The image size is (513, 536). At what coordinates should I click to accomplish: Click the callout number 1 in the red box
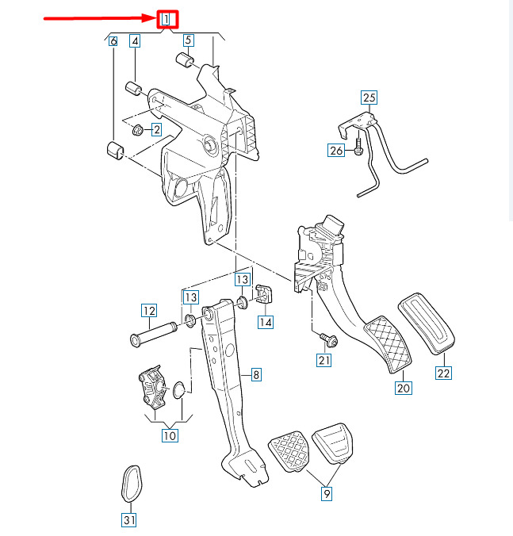pos(166,19)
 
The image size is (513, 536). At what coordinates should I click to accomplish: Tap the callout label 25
pos(369,98)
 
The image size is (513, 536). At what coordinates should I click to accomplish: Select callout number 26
pos(336,151)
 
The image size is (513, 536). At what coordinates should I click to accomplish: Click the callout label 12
pos(149,311)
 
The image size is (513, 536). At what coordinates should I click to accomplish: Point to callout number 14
pos(266,322)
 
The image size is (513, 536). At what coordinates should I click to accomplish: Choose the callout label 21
pos(323,360)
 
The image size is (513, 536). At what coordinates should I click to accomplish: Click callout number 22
pos(443,373)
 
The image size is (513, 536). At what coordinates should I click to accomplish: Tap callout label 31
pos(129,520)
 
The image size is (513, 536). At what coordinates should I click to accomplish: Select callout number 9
pos(327,494)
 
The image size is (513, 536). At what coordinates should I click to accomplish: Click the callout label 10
pos(170,435)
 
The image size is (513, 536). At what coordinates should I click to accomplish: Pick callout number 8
pos(256,375)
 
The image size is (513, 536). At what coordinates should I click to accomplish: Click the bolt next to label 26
pos(358,146)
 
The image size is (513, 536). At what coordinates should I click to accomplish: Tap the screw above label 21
pos(329,340)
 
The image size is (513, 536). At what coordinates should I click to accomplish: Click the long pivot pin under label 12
pos(154,334)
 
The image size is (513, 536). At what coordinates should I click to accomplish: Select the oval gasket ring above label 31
pos(132,484)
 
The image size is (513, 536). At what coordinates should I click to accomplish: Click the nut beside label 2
pos(138,130)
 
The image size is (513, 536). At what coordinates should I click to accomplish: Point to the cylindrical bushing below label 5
pos(185,60)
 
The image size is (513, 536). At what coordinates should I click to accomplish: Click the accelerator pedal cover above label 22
pos(427,323)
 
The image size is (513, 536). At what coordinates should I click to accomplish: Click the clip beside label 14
pos(264,293)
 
